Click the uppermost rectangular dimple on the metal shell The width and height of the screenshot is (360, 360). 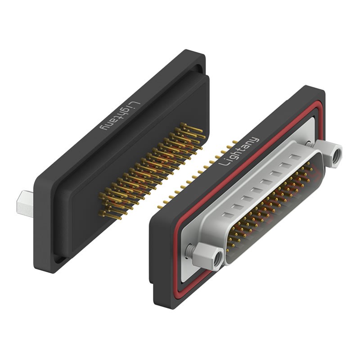coord(296,157)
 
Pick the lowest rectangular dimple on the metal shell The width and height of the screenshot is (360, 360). coord(227,215)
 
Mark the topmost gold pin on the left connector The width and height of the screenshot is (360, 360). coord(192,128)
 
